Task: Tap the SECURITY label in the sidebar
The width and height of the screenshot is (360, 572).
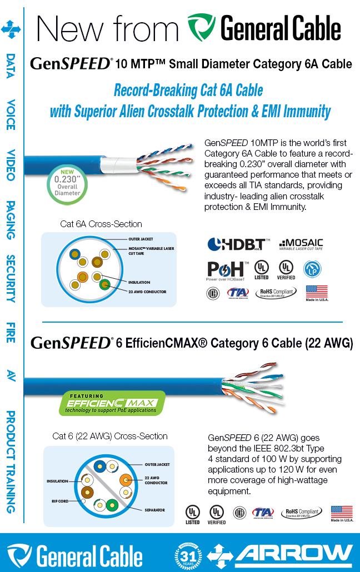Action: pos(11,278)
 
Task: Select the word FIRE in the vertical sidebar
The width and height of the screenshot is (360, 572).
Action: pos(11,332)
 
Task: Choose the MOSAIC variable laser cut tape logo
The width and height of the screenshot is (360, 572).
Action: pos(301,244)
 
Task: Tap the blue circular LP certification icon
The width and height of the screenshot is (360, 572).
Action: pos(312,269)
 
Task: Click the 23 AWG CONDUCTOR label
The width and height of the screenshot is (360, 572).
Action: pos(147,292)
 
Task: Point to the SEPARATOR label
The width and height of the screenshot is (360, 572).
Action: pos(154,509)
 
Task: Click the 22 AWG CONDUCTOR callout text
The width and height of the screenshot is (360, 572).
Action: pos(156,480)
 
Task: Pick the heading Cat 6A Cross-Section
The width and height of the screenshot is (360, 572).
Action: pos(101,224)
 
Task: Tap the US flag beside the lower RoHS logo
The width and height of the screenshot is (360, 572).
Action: pos(342,513)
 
